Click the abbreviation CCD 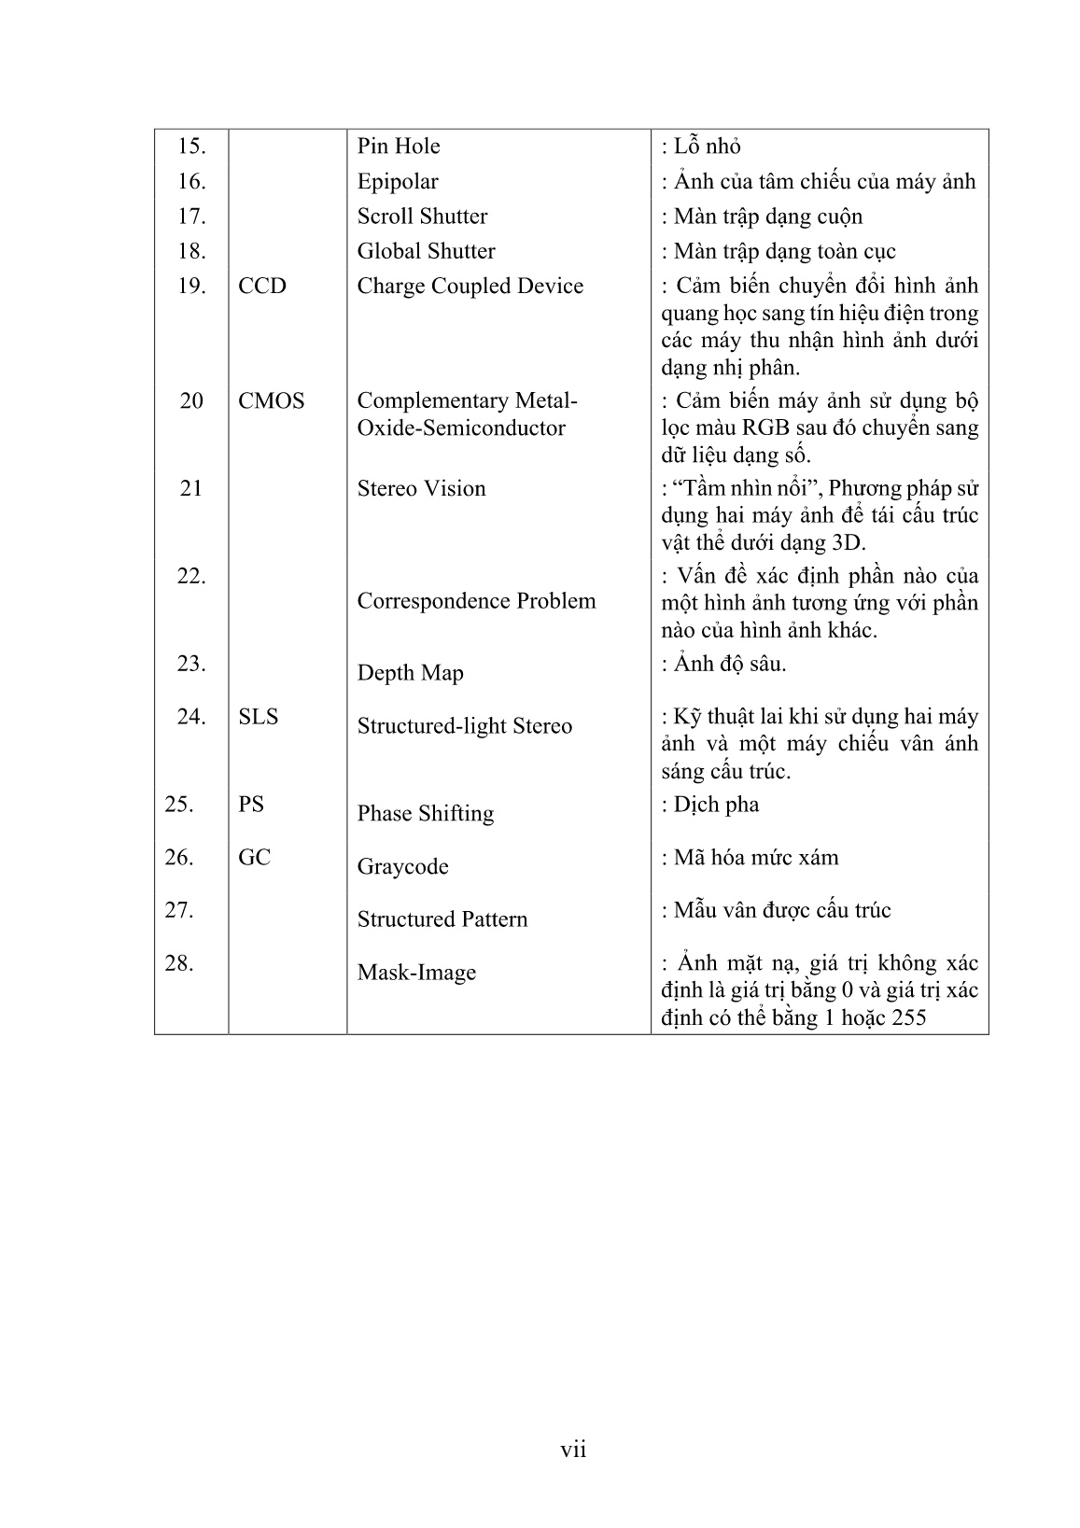pos(262,287)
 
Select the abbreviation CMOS pos(271,401)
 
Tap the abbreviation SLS pos(259,717)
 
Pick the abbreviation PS pos(251,805)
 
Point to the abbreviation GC pos(254,858)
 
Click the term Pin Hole pos(398,147)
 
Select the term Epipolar pos(397,182)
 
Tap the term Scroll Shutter pos(422,217)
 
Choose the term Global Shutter pos(426,251)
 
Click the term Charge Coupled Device pos(470,287)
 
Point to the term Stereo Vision pos(421,489)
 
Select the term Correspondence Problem pos(476,601)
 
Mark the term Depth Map pos(410,673)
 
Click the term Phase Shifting pos(425,814)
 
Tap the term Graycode pos(402,867)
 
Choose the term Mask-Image pos(416,973)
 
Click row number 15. pos(190,147)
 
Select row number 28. pos(178,963)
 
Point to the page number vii pos(573,1450)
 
